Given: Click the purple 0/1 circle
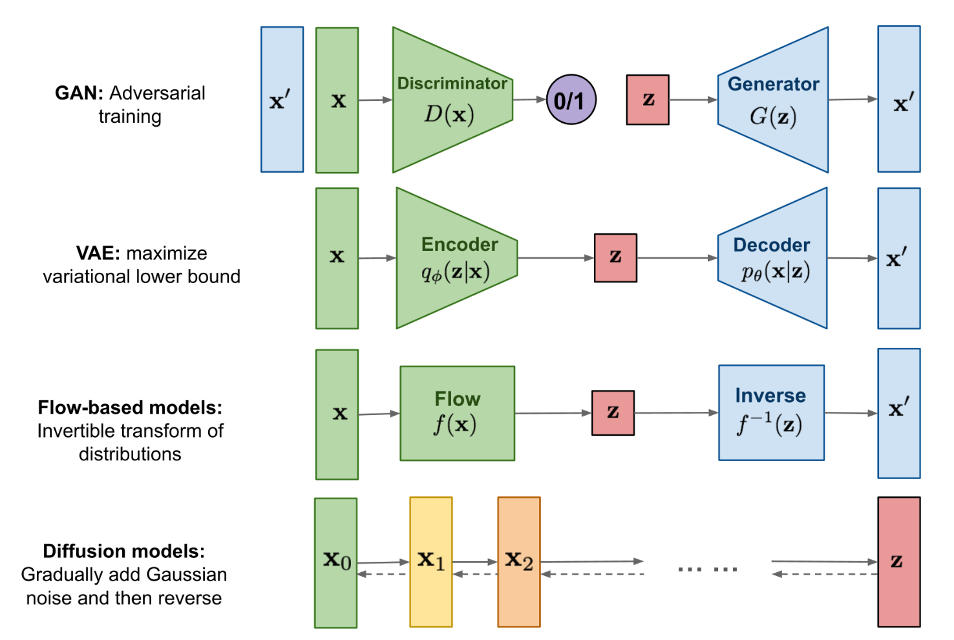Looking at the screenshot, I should click(x=571, y=100).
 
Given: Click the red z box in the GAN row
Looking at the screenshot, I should click(x=648, y=100).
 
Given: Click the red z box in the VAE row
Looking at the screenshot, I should click(x=615, y=258).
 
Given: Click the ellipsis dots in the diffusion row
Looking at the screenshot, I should click(x=708, y=569).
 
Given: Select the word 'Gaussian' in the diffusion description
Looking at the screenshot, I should click(x=187, y=574).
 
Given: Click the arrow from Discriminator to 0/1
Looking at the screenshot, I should click(x=529, y=100).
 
